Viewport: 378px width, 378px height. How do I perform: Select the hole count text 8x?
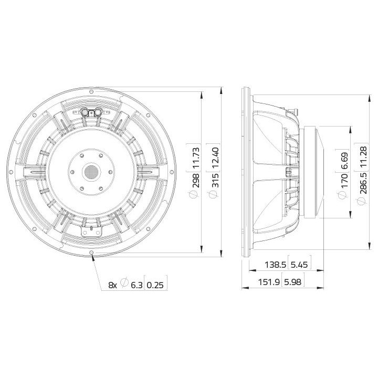pyautogui.click(x=112, y=285)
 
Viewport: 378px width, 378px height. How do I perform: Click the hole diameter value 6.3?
pyautogui.click(x=136, y=285)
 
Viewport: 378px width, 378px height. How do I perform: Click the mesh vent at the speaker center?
pyautogui.click(x=92, y=172)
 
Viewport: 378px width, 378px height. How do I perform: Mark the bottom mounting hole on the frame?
pyautogui.click(x=92, y=253)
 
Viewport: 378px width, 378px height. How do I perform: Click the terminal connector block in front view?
pyautogui.click(x=92, y=112)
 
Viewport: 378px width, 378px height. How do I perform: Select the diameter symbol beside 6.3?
pyautogui.click(x=124, y=285)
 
